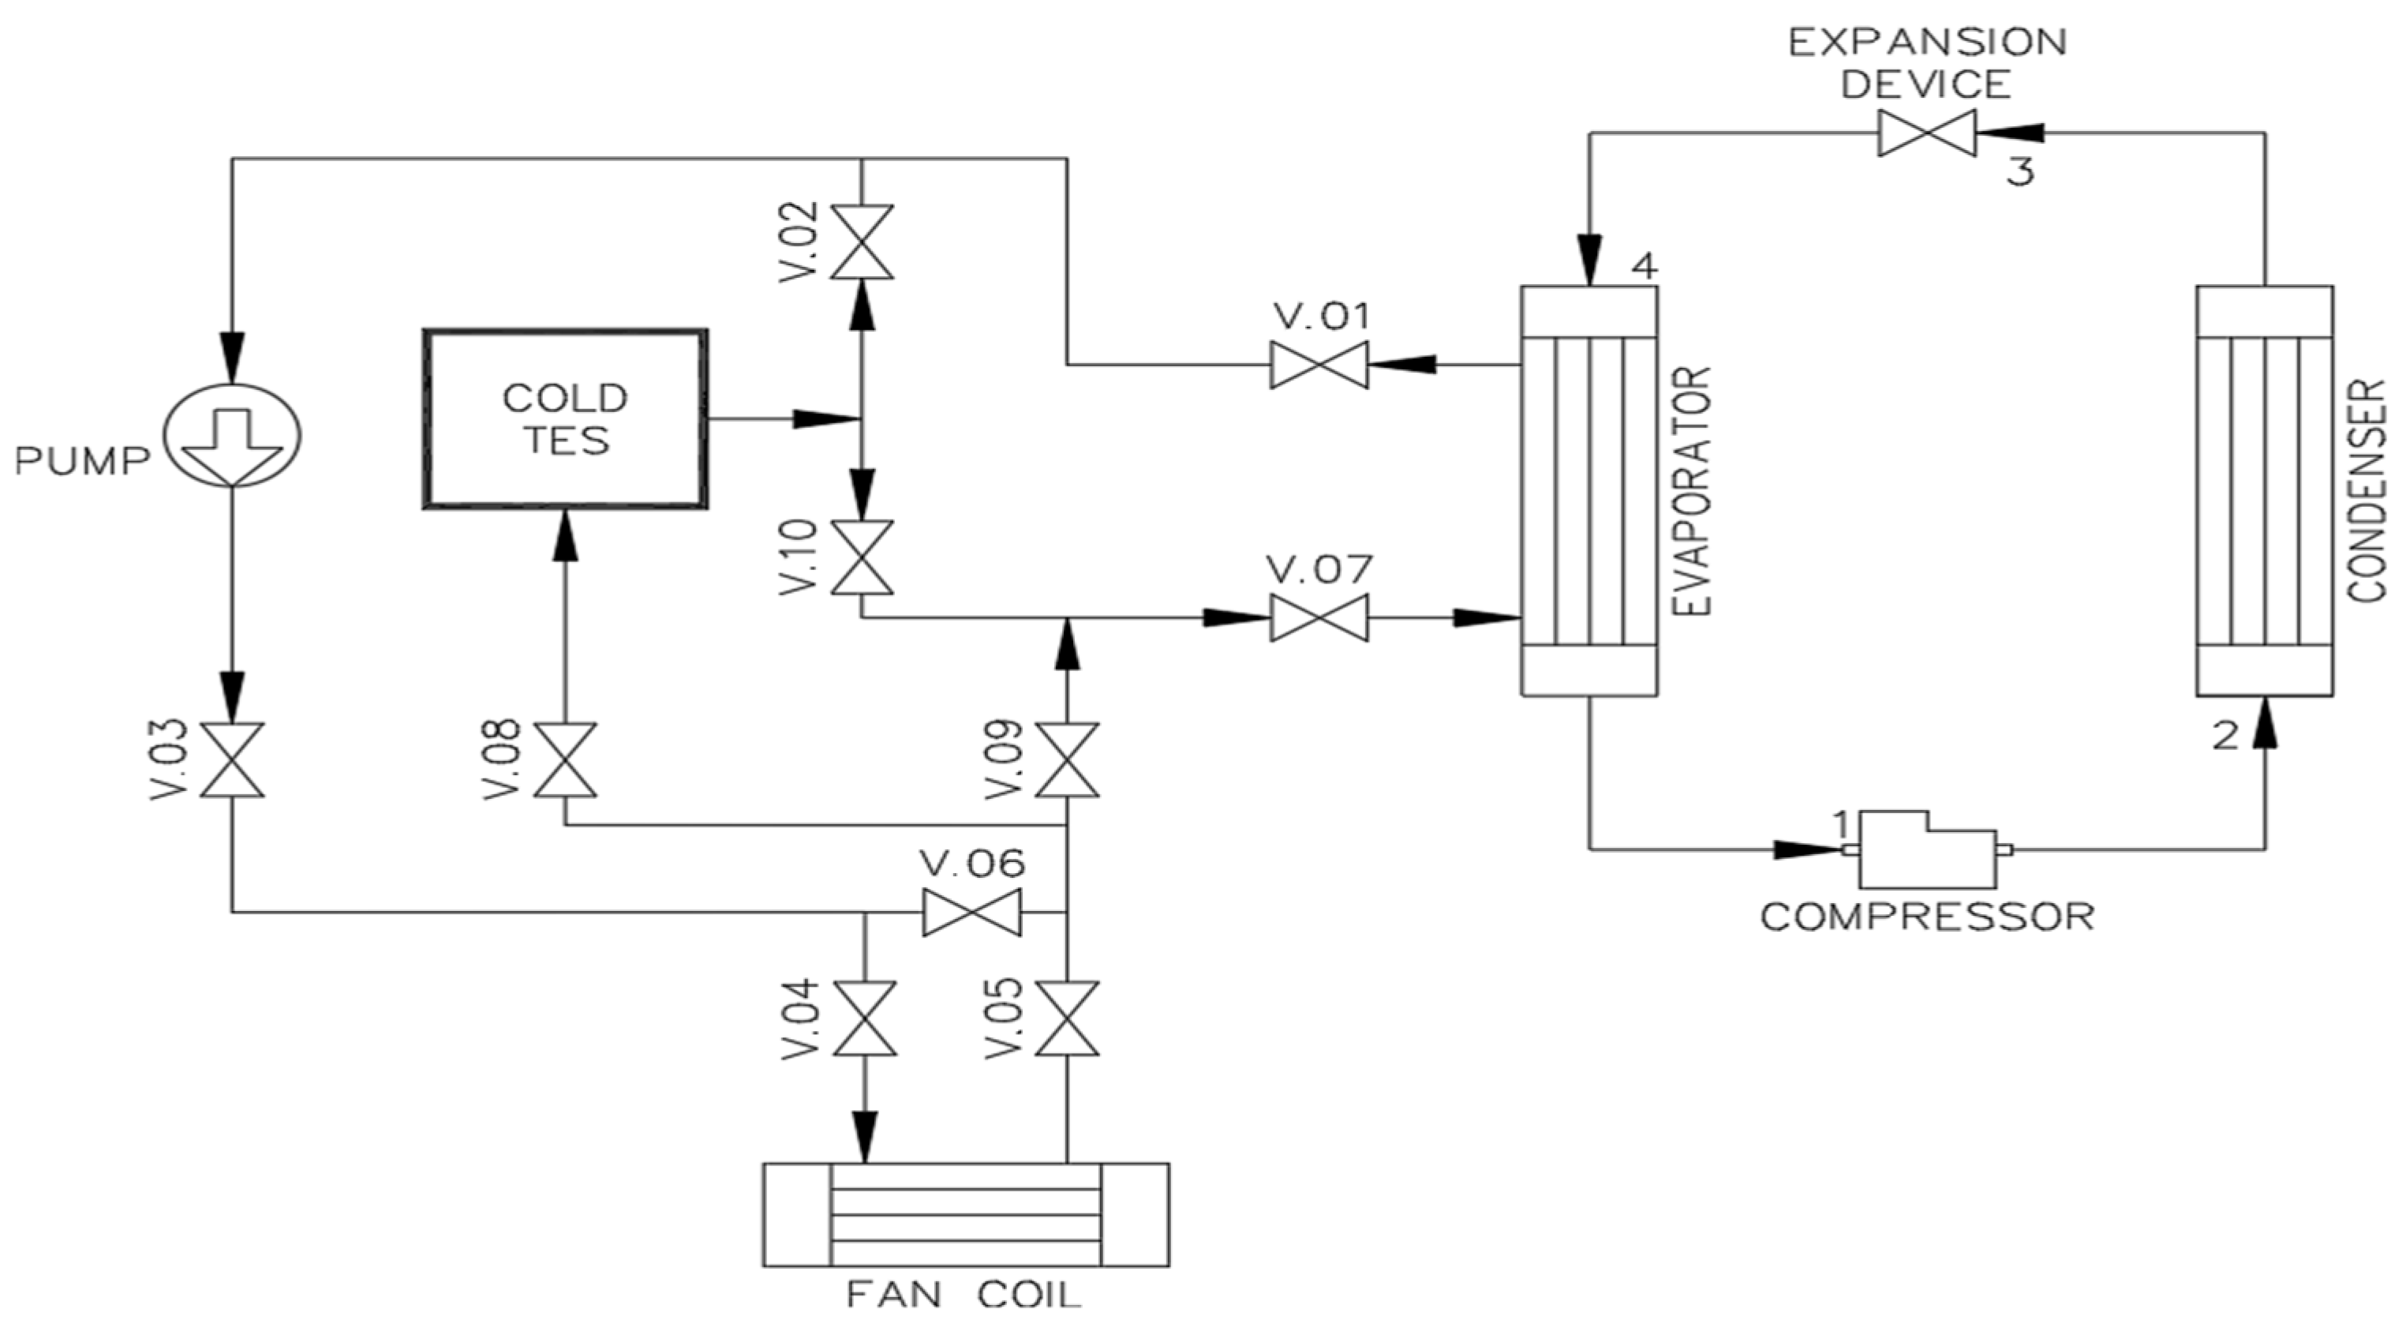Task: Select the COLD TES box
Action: coord(565,418)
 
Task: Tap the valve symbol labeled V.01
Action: coord(1319,364)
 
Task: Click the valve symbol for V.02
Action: coord(861,242)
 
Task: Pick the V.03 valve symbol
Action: coord(233,759)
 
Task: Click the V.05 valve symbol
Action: coord(1067,1018)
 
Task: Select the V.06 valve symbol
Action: coord(971,912)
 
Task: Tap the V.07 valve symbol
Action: coord(1319,617)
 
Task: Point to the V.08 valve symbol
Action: coord(565,759)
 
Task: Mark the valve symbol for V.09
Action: coord(1067,759)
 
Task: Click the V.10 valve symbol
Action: coord(861,557)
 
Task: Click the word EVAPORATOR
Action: coord(1693,489)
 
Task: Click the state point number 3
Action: coord(2020,172)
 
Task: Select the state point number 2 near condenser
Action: coord(2226,737)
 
